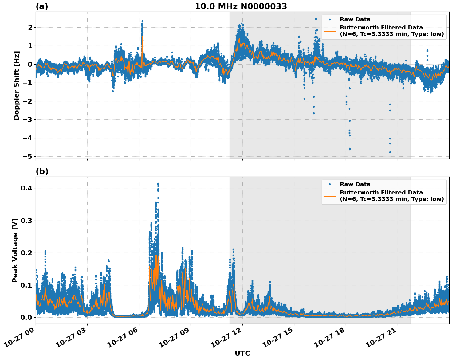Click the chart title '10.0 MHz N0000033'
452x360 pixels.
(241, 6)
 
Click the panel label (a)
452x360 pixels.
(42, 6)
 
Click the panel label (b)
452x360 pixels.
(42, 171)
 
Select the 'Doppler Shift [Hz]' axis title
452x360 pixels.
(17, 85)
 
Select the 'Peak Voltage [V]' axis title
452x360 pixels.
(15, 250)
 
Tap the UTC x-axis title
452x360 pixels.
(242, 353)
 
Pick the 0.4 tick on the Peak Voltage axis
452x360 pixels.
(26, 188)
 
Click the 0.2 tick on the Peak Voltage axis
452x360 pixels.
(26, 253)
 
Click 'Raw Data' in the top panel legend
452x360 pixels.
(355, 20)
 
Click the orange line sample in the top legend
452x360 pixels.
(329, 31)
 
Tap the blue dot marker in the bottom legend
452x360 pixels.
(329, 184)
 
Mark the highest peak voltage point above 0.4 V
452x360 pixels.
(158, 184)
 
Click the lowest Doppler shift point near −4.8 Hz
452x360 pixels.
(390, 152)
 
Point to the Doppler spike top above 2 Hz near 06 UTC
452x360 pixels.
(142, 21)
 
